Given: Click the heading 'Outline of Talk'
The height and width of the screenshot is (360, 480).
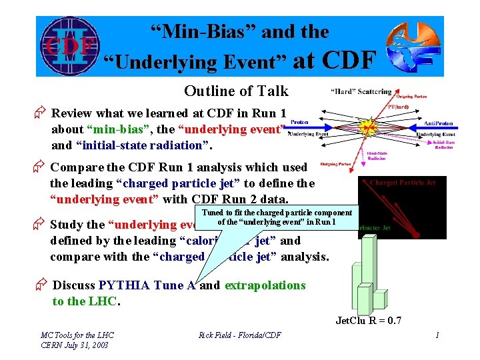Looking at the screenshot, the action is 236,91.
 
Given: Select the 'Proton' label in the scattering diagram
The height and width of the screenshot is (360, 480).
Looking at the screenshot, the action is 299,123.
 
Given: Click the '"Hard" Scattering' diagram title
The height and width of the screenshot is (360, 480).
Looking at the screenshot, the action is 361,91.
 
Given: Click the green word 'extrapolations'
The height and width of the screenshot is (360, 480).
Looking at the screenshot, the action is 265,285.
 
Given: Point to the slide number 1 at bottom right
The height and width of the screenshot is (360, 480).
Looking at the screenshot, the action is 437,335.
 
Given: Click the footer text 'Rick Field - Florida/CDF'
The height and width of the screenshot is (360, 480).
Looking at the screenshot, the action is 239,335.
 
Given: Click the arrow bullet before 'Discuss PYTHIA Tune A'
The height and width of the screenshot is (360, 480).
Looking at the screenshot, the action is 41,285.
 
